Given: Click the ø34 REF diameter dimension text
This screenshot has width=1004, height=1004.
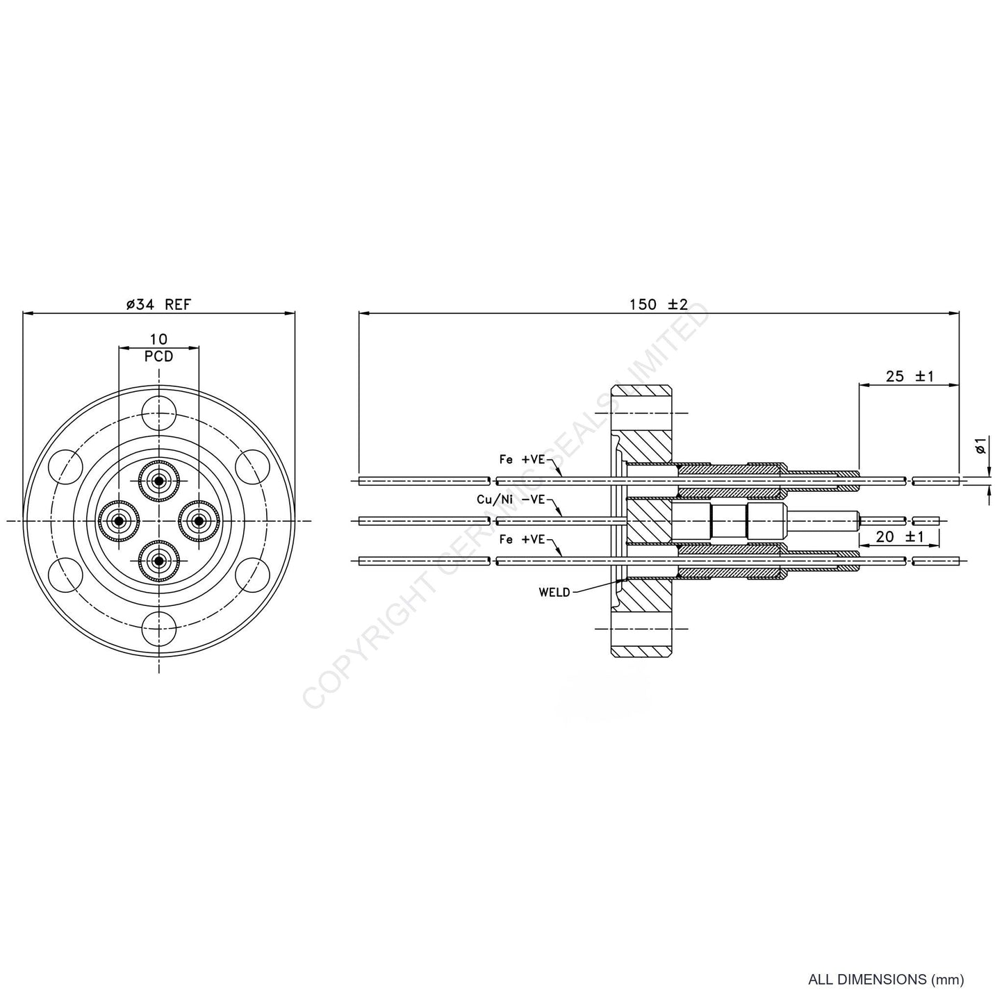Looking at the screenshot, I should point(158,304).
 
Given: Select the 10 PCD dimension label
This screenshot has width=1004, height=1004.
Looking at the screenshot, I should point(159,347).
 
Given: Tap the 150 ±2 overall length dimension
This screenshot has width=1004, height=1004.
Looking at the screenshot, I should point(658,304).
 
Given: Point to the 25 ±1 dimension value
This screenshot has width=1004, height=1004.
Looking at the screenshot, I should point(910,376).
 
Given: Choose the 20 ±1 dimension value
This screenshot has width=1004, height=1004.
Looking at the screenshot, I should point(899,536).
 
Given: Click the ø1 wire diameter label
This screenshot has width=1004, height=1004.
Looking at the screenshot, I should point(980,445).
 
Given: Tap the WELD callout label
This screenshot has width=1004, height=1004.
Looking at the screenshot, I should point(554,592).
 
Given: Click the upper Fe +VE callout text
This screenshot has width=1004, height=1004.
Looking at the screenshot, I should point(522,459).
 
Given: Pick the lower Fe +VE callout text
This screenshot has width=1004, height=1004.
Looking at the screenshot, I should point(522,538).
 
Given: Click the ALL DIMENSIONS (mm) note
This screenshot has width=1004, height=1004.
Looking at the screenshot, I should point(886,980).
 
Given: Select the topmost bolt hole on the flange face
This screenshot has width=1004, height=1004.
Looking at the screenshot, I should point(159,412).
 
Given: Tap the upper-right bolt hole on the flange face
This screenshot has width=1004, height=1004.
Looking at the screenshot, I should point(253,466).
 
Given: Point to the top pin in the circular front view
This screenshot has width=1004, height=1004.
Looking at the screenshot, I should point(159,481).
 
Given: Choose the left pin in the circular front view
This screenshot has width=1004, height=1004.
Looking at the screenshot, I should point(119,520).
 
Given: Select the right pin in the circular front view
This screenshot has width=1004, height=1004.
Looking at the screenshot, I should point(199,520).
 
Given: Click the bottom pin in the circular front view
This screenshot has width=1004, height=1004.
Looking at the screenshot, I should point(159,560).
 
